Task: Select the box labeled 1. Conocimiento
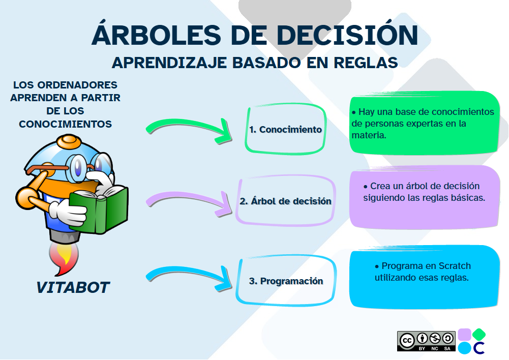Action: [x=286, y=129]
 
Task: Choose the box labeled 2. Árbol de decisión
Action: [x=285, y=200]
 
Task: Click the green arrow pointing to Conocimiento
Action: [x=188, y=128]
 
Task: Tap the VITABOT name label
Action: [x=73, y=287]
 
